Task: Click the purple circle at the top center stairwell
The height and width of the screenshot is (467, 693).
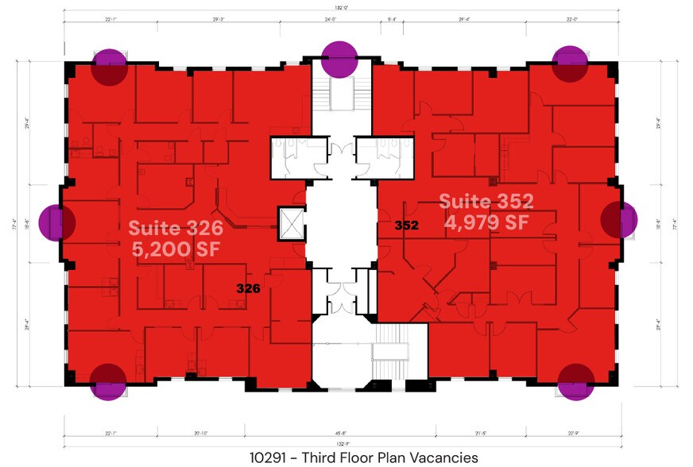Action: click(x=339, y=60)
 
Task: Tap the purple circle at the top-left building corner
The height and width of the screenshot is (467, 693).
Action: click(x=110, y=67)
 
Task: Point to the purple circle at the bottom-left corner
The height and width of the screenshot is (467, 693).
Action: click(x=109, y=381)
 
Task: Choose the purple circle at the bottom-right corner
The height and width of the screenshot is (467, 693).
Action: click(x=575, y=382)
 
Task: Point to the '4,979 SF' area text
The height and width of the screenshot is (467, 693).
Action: click(x=486, y=222)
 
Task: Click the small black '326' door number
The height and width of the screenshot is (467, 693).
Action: click(x=249, y=289)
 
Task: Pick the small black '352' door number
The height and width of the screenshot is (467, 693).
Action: click(x=406, y=226)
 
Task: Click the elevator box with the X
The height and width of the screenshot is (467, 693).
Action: click(x=288, y=222)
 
